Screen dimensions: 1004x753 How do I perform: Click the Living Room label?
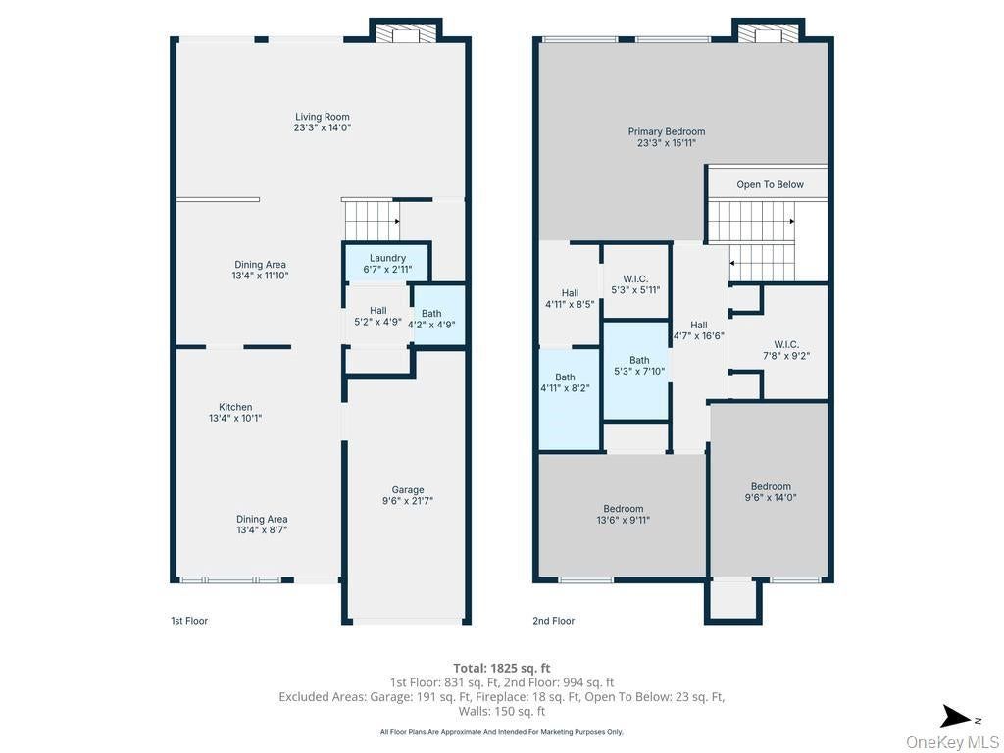point(322,122)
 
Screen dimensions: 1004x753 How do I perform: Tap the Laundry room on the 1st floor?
point(387,263)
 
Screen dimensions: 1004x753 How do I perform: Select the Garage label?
point(408,495)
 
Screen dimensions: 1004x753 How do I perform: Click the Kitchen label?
point(235,413)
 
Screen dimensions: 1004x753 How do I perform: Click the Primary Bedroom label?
point(667,137)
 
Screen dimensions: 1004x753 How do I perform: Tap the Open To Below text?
point(770,184)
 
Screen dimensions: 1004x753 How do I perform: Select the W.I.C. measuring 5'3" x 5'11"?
point(635,281)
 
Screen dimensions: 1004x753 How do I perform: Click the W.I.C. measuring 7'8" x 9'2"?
point(786,350)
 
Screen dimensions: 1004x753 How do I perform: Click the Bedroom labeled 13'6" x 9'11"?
point(623,514)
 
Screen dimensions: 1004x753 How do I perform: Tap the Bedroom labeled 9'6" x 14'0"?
point(771,492)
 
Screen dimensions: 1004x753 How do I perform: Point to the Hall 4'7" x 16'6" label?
point(698,330)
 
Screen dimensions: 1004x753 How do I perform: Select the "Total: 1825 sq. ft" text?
point(501,669)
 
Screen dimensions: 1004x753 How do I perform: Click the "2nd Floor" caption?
point(553,621)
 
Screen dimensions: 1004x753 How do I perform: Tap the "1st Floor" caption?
point(189,621)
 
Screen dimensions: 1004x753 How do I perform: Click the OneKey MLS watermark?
point(952,742)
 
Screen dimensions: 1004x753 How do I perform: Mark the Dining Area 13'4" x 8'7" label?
point(261,525)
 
